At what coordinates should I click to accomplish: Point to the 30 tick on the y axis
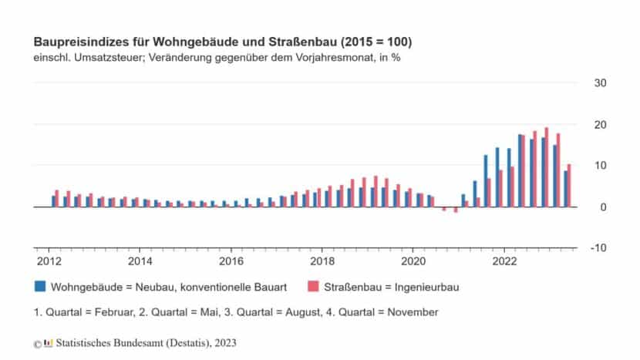[599, 83]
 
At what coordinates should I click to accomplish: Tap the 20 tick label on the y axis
[599, 125]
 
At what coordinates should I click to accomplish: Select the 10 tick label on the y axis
[599, 166]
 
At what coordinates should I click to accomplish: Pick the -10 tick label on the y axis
[598, 248]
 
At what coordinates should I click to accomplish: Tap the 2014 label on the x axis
[139, 261]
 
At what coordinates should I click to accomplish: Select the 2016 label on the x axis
[231, 261]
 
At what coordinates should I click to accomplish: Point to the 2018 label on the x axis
[322, 261]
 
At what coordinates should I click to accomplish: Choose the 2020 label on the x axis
[413, 261]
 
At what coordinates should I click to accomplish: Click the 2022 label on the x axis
[504, 261]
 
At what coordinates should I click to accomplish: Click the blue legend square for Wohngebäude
[39, 287]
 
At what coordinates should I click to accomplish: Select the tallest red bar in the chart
[546, 167]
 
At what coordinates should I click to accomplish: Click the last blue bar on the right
[565, 189]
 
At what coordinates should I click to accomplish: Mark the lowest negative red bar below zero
[456, 210]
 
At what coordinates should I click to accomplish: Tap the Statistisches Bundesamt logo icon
[49, 341]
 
